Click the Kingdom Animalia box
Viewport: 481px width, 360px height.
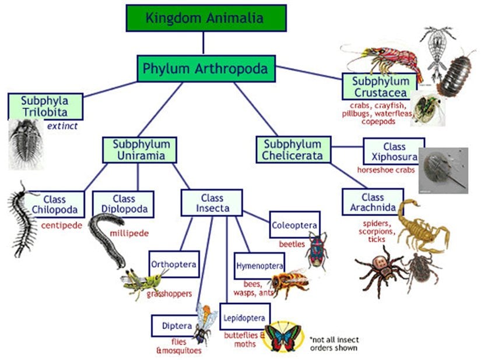coord(206,17)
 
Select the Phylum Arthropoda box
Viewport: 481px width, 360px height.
coord(205,69)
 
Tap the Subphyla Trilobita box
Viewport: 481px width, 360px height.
coord(45,106)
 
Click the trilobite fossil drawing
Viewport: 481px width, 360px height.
coord(26,143)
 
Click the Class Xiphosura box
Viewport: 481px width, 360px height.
coord(394,151)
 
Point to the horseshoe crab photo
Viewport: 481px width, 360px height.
coord(443,170)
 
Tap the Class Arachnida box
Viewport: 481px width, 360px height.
coord(373,202)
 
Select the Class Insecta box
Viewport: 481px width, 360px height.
coord(212,203)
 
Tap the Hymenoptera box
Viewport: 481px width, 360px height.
coord(259,266)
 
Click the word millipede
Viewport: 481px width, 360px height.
coord(129,234)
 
